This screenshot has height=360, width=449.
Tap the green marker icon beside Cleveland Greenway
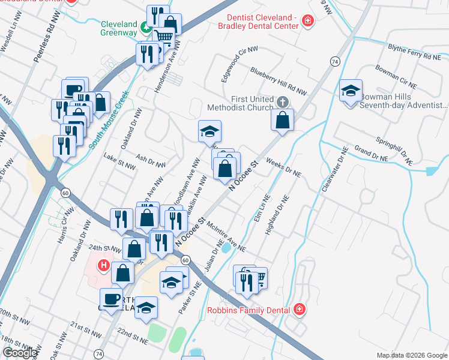pyautogui.click(x=145, y=27)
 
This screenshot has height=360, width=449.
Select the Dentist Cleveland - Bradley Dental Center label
pyautogui.click(x=262, y=22)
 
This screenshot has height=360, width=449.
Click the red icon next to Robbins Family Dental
pyautogui.click(x=300, y=310)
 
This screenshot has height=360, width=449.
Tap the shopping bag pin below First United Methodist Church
pyautogui.click(x=282, y=121)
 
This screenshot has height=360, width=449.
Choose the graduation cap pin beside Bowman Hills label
pyautogui.click(x=351, y=91)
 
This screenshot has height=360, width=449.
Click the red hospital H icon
pyautogui.click(x=103, y=264)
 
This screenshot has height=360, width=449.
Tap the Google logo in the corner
pyautogui.click(x=20, y=353)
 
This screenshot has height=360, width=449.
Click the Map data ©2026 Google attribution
pyautogui.click(x=412, y=355)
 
